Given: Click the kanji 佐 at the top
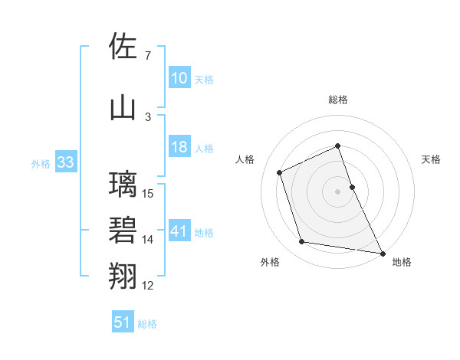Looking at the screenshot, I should pos(123,47).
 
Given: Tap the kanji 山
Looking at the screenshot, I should pos(123,107).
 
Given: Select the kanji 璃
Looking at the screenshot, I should pos(123,185).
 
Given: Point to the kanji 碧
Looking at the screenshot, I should pos(123,231).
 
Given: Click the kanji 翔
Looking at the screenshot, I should pos(123,276).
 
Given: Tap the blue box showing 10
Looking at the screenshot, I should pos(179,78).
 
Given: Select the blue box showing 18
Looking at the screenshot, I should pos(179,148).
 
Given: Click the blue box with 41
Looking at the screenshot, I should pos(179,231).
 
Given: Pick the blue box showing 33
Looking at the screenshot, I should pos(64,162).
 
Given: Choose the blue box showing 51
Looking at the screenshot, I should pos(123,322).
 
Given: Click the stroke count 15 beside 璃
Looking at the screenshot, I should pos(149,194).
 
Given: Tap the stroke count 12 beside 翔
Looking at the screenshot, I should pos(148,286).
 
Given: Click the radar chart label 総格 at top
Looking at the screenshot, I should pos(338,100).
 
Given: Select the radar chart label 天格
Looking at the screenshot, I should pos(431,159).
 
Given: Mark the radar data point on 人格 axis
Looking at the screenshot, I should pos(280,172).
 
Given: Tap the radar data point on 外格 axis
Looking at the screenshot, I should pos(302,242).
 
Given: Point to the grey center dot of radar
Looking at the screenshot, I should pos(338,191).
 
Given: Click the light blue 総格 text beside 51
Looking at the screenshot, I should pos(147,324).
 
